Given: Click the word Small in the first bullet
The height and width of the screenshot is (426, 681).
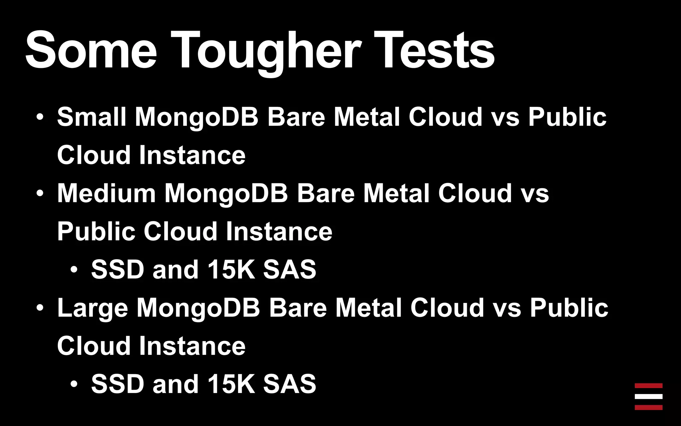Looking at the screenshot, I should (91, 117).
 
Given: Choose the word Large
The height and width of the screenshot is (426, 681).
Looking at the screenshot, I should (92, 308).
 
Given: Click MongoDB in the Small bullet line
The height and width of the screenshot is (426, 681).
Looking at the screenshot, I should (197, 117).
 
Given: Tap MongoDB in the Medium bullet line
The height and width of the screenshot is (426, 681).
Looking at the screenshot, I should (226, 194).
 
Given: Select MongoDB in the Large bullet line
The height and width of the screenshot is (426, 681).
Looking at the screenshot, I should (198, 308).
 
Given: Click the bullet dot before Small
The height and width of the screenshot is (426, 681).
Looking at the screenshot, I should (40, 117).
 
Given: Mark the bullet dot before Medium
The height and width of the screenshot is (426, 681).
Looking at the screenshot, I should (40, 193).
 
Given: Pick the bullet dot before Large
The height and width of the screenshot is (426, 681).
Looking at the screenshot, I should (40, 308).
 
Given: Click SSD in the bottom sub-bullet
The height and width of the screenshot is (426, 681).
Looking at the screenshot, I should (117, 384).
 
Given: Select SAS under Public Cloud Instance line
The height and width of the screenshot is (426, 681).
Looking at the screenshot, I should (289, 269).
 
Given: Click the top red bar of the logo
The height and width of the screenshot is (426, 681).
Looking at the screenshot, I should (648, 386).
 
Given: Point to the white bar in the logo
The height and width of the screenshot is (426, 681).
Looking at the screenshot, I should (648, 396).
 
